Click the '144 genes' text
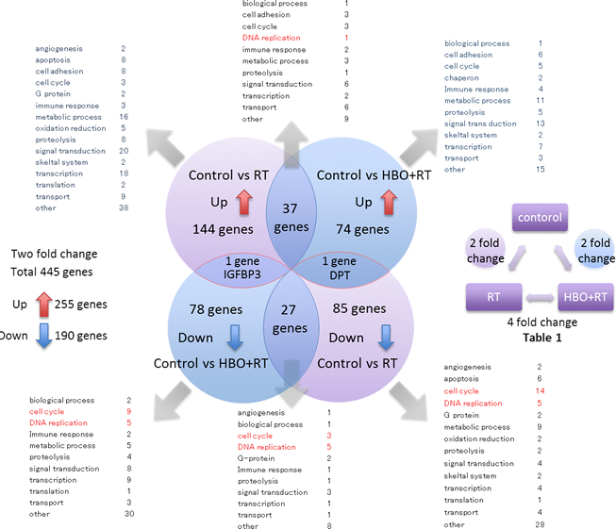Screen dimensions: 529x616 [220, 228]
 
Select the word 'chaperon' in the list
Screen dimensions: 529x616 [461, 78]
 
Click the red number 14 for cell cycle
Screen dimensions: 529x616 [566, 390]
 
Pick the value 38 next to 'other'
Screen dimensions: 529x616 [124, 207]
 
